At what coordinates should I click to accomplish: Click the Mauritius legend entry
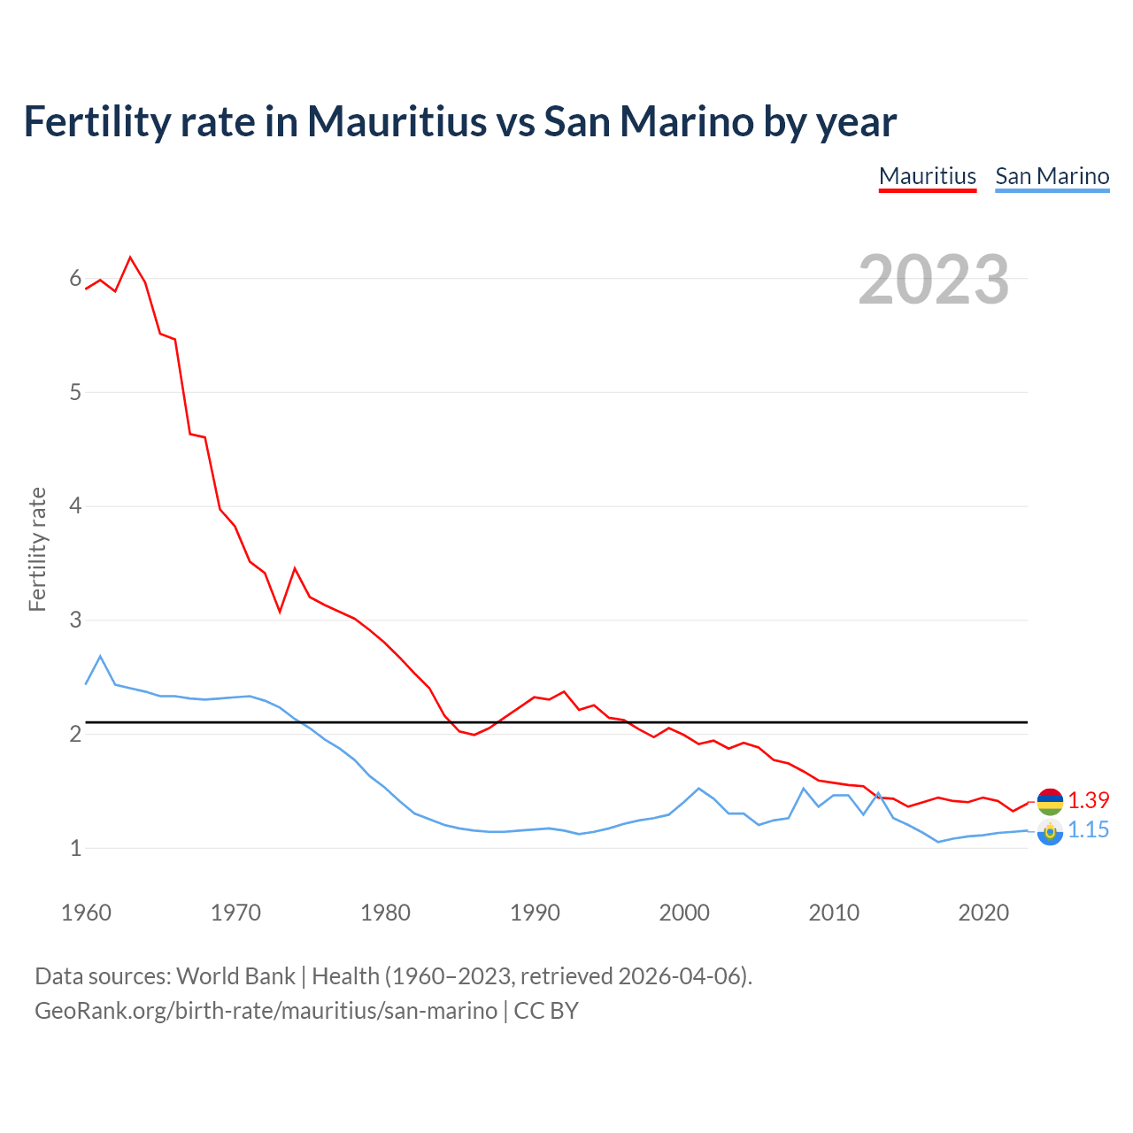click(927, 176)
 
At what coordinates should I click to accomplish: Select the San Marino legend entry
click(1052, 176)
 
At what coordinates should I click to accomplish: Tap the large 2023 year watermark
click(933, 280)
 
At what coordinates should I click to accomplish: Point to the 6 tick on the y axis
click(75, 279)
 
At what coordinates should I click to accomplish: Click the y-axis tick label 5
click(75, 392)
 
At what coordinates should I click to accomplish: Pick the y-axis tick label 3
click(75, 620)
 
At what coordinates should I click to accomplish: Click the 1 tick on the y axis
click(75, 848)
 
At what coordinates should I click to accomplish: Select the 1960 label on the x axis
click(86, 913)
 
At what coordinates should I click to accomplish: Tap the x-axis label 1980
click(385, 913)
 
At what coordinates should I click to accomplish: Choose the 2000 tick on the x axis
click(684, 913)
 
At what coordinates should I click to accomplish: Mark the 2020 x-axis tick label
click(983, 913)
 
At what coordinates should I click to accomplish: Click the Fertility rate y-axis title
click(37, 549)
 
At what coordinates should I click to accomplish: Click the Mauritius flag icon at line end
click(1050, 801)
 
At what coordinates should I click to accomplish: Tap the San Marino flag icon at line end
click(1050, 831)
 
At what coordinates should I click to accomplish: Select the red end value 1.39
click(1088, 800)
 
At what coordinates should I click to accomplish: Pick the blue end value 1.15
click(1088, 829)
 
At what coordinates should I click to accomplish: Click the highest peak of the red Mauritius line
click(131, 258)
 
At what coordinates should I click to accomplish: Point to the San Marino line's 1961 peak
click(101, 657)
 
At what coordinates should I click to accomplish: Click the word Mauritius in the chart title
click(397, 122)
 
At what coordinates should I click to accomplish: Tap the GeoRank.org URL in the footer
click(266, 1011)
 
